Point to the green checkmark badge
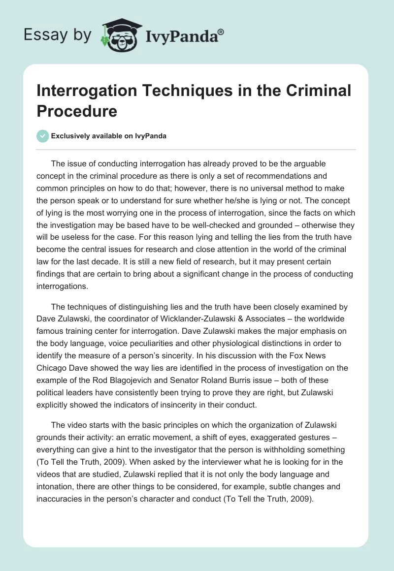(x=43, y=136)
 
